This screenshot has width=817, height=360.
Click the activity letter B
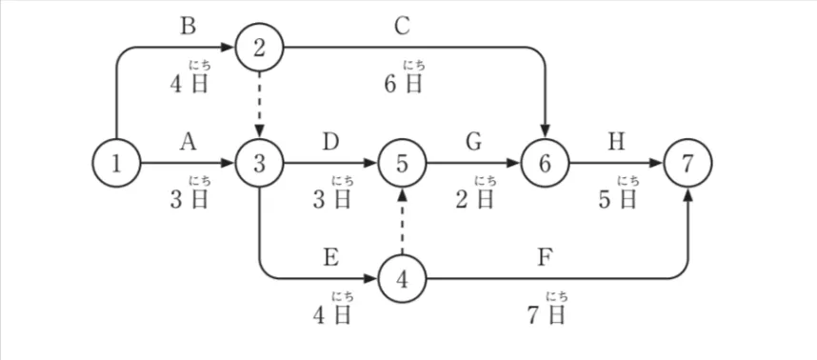(x=188, y=26)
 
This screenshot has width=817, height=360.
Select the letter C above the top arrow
(x=402, y=26)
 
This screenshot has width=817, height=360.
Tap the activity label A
(x=188, y=142)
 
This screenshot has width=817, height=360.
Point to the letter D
(x=330, y=142)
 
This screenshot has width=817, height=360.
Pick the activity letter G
(x=473, y=142)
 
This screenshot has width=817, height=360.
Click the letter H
(x=616, y=142)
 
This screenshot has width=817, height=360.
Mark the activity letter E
(x=330, y=257)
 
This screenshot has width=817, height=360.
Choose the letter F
(x=545, y=257)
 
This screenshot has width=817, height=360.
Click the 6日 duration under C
(x=403, y=84)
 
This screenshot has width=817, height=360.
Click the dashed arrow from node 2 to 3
(x=260, y=106)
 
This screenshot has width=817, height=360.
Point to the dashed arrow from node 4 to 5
(x=402, y=221)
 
